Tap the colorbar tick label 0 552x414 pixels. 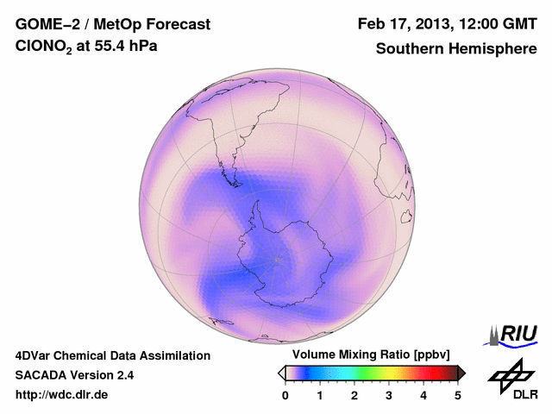pyautogui.click(x=285, y=395)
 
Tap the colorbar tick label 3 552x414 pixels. pyautogui.click(x=389, y=395)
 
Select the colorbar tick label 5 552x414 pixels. pyautogui.click(x=458, y=395)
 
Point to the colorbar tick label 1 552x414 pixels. pyautogui.click(x=320, y=395)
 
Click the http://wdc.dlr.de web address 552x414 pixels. pyautogui.click(x=62, y=395)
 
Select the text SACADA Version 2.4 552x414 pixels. pyautogui.click(x=74, y=375)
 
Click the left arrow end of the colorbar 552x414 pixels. pyautogui.click(x=281, y=372)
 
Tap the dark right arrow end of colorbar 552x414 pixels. pyautogui.click(x=461, y=372)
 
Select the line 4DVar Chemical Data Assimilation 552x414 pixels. pyautogui.click(x=112, y=355)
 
